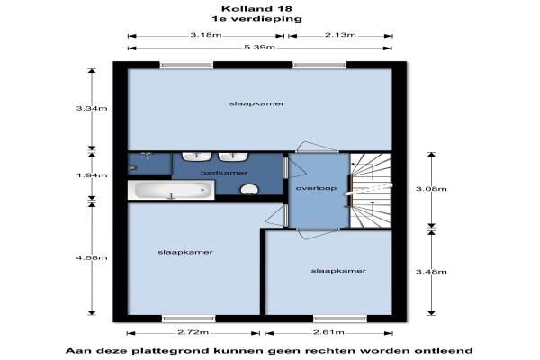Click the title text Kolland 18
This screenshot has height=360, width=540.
256,9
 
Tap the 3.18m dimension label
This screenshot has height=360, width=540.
206,35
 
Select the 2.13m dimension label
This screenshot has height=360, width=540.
340,35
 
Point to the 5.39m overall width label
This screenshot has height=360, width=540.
260,47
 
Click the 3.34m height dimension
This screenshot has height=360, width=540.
92,108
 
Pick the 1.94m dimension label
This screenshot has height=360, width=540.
92,175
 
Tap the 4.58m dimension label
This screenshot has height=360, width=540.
92,257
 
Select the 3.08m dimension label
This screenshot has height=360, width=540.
431,189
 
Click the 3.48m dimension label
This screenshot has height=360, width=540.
431,272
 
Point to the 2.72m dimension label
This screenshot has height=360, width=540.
193,332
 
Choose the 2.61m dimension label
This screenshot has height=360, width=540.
328,332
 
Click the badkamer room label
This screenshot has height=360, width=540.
224,173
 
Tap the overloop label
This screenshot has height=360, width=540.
316,188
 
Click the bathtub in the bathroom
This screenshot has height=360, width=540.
171,190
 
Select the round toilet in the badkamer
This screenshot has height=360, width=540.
249,190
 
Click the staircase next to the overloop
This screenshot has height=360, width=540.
371,190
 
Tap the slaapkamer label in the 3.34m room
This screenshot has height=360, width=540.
256,103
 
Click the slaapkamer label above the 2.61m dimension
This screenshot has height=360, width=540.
338,271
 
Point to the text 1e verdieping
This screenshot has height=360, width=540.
256,19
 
